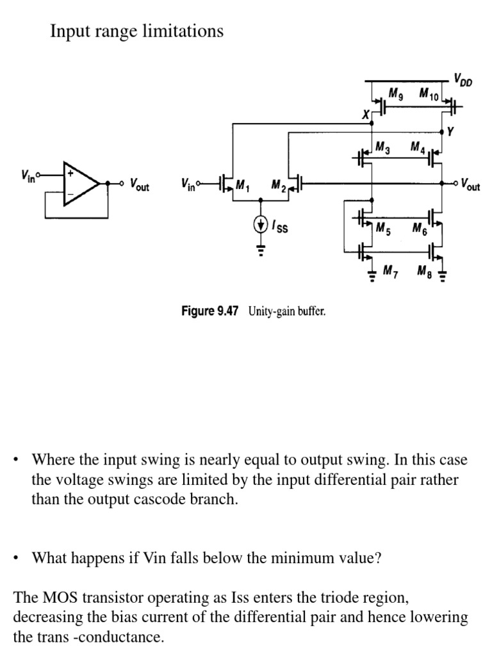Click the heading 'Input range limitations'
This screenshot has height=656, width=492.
(136, 31)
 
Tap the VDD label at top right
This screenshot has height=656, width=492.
(461, 79)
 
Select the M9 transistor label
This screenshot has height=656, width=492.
(397, 95)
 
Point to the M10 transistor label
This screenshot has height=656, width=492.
(428, 95)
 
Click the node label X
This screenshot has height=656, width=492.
(366, 115)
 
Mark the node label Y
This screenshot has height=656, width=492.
(450, 133)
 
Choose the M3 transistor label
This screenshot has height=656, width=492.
(383, 148)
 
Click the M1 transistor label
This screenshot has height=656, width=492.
(242, 186)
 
